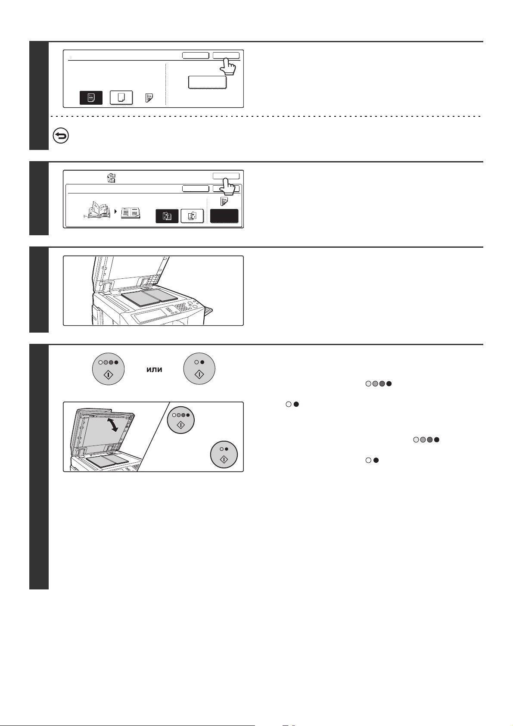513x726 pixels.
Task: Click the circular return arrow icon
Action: click(61, 136)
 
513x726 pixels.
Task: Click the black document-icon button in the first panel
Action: click(91, 97)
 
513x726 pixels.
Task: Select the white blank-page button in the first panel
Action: click(121, 97)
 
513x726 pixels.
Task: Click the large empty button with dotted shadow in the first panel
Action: click(208, 82)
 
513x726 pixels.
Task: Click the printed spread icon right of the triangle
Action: click(131, 213)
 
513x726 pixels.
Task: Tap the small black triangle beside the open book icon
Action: click(116, 211)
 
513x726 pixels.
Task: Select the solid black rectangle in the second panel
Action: click(224, 216)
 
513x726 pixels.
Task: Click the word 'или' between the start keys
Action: click(154, 370)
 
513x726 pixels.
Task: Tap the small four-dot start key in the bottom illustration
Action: click(181, 420)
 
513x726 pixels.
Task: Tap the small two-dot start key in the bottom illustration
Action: click(224, 455)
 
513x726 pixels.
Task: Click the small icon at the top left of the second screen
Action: click(112, 178)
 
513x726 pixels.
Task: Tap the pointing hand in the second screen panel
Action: click(228, 187)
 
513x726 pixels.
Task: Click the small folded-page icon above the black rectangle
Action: click(224, 201)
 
